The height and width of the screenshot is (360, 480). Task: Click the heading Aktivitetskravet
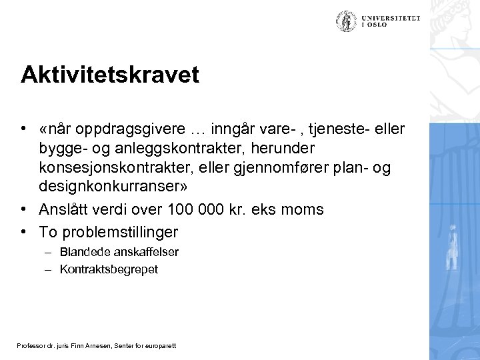click(109, 75)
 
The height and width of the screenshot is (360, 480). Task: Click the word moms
click(304, 209)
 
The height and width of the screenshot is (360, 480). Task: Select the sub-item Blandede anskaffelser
click(101, 253)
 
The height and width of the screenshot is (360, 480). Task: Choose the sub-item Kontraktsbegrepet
click(99, 269)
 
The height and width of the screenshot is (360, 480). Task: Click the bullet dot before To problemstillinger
click(23, 231)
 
